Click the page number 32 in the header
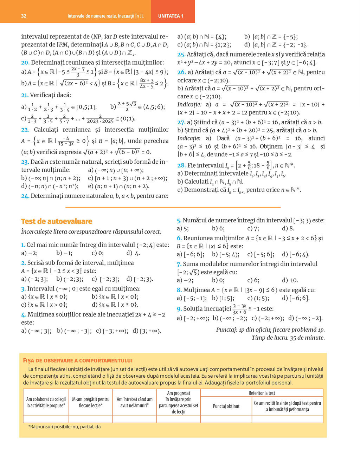coord(24,16)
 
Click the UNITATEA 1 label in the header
coord(171,16)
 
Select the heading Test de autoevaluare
coord(57,221)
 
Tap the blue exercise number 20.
coord(25,63)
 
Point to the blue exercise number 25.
coord(181,54)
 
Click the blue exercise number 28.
coord(181,165)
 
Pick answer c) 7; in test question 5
coord(253,228)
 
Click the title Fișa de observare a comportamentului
coord(78,360)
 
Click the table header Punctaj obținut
coord(226,406)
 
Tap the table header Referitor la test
coord(262,393)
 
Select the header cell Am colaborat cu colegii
coord(46,402)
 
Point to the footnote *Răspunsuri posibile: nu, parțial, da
coord(64,427)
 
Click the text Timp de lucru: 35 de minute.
coord(288,338)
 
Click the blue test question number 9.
coord(179,309)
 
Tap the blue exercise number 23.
coord(25,162)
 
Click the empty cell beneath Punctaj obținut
coord(226,419)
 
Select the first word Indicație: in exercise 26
coord(189,104)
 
